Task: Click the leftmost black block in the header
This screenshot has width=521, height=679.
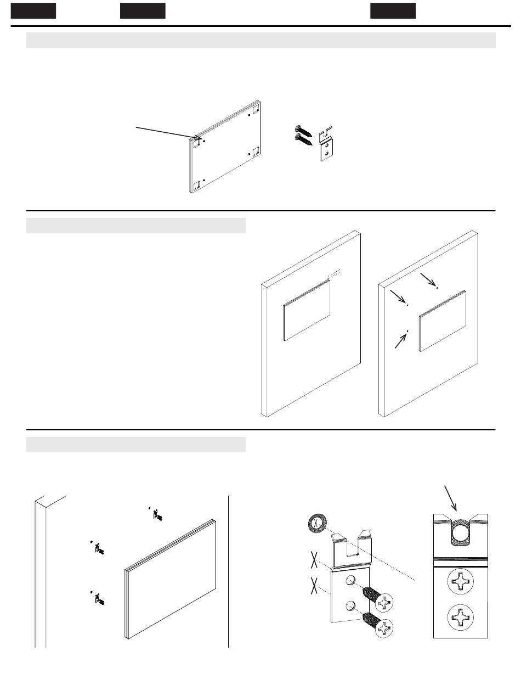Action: pos(33,10)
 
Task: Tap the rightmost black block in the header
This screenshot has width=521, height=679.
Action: pos(393,10)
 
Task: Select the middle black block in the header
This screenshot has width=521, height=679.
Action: pos(143,10)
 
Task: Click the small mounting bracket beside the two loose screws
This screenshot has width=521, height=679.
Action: pos(327,147)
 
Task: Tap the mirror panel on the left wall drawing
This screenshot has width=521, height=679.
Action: pos(307,310)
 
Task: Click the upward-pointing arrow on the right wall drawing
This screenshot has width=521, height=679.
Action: pos(401,340)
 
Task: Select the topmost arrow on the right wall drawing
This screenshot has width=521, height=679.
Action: pos(428,278)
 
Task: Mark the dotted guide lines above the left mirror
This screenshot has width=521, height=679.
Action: pos(336,272)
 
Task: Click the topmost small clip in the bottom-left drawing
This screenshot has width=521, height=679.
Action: pos(157,514)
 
